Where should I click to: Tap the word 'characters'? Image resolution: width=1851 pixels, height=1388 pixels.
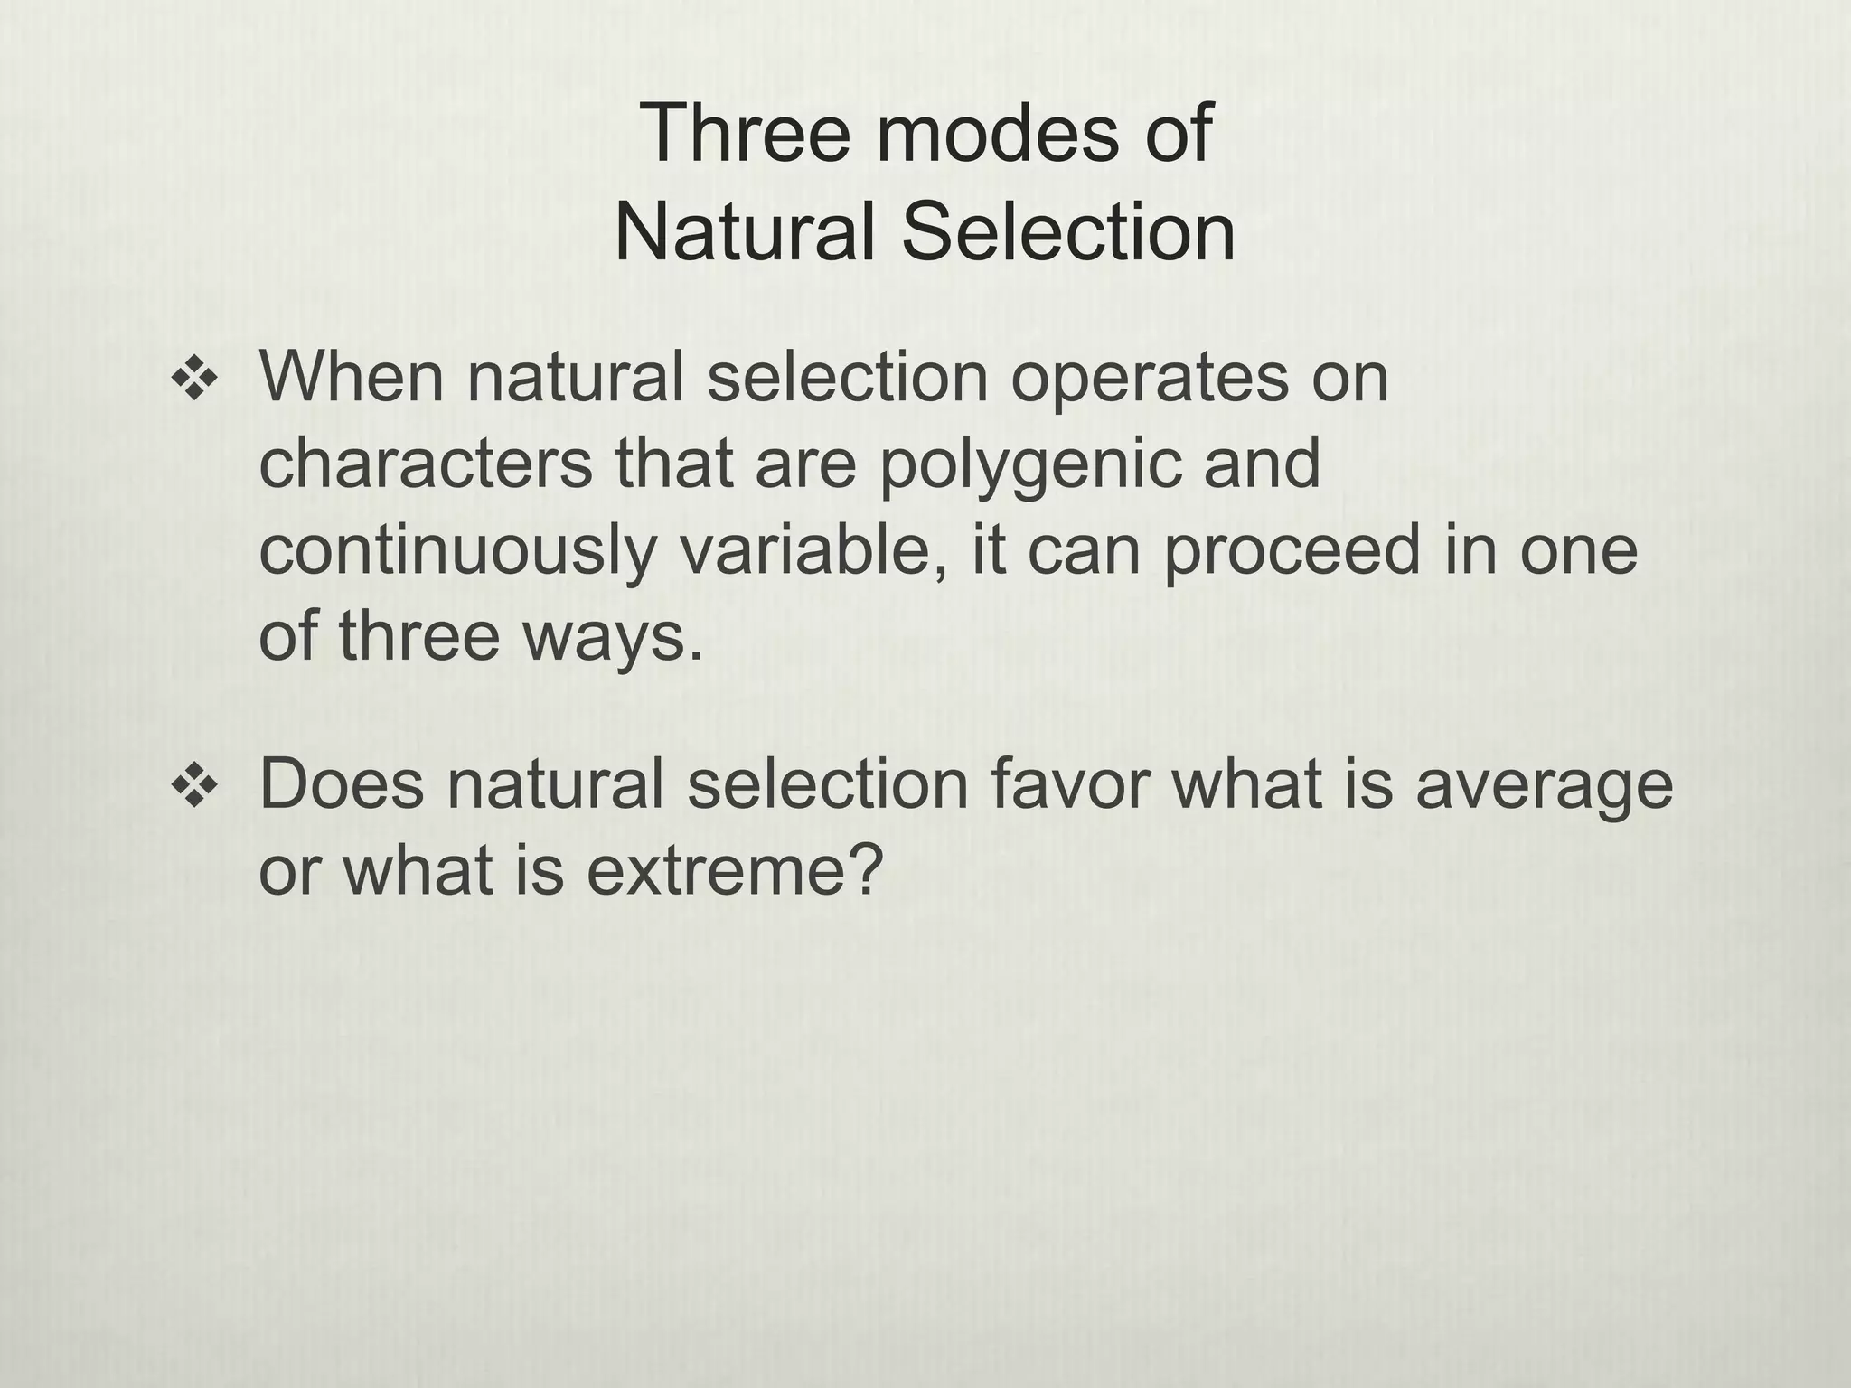pos(426,463)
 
